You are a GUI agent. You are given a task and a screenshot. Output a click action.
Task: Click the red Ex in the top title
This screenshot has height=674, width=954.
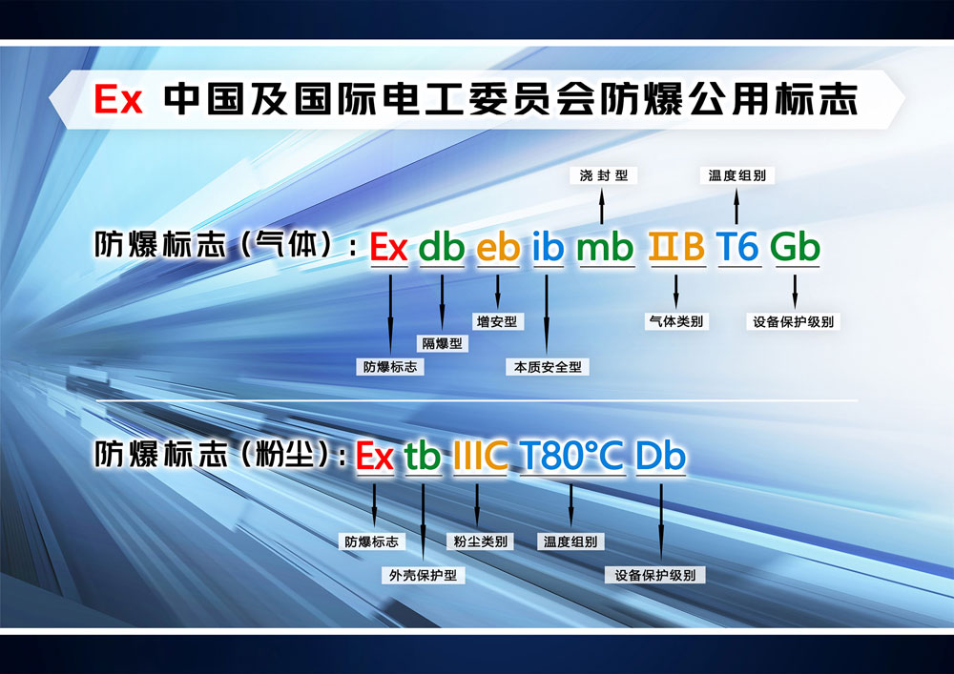coord(118,99)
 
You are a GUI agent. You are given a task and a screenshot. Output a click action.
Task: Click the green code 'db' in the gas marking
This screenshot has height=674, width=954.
coord(442,248)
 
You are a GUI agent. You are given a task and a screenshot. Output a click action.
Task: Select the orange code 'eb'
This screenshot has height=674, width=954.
coord(498,248)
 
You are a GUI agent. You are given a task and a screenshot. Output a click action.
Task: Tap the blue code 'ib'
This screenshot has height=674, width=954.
coord(548,248)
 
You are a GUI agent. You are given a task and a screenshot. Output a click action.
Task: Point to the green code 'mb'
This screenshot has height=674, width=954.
coord(606,248)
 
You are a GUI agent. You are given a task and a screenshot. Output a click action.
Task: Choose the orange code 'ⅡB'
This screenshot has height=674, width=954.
coord(676,248)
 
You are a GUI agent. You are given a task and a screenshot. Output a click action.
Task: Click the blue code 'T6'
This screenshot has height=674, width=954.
coord(737,248)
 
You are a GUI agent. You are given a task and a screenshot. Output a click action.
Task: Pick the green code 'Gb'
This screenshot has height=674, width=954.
coord(795,248)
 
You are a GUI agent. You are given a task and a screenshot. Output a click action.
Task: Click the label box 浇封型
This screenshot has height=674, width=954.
coord(603,175)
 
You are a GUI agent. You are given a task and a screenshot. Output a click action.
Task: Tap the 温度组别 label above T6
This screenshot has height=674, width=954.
coord(736,175)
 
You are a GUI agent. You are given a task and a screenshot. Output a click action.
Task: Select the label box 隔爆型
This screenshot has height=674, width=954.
coord(441,343)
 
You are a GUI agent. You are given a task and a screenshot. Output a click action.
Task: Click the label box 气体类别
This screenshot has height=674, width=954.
coord(675,321)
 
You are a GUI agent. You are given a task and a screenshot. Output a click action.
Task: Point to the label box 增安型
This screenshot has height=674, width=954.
coord(496,321)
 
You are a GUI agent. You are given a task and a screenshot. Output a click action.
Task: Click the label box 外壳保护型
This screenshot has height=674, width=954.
coord(423,576)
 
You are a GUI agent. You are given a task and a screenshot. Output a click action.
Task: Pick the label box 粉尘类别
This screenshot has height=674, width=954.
coord(480,541)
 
